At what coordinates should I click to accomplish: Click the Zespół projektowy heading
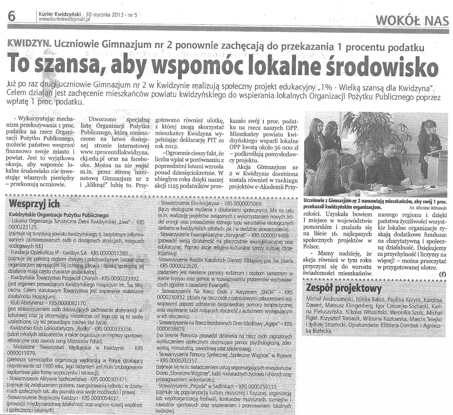coord(344,289)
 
